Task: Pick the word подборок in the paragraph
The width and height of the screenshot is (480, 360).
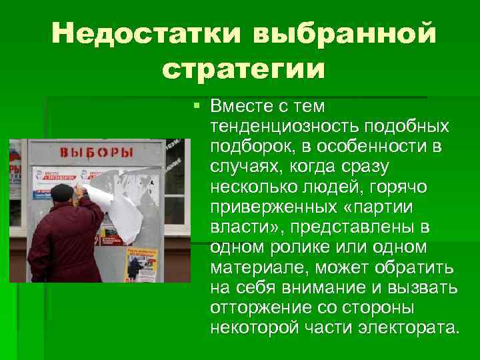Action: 245,146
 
